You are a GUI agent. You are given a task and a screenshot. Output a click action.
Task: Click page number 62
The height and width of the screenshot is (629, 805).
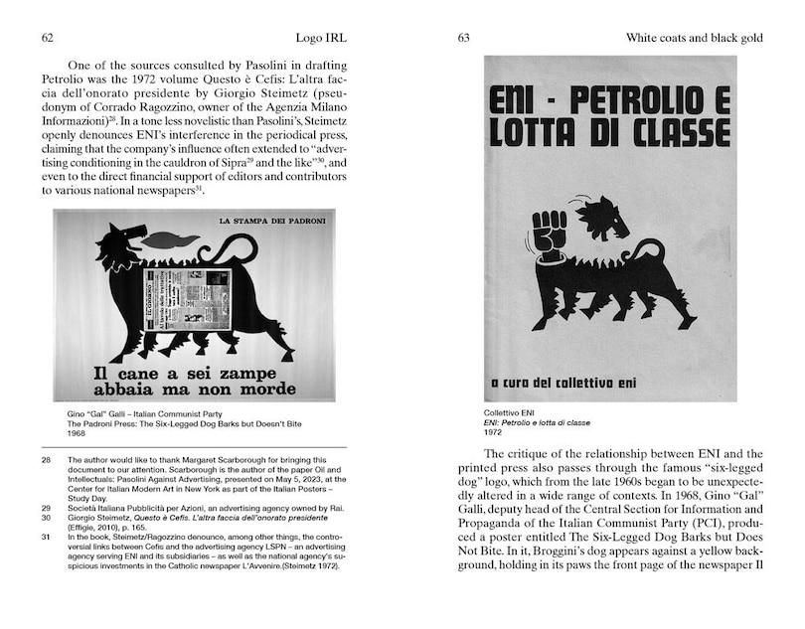(47, 38)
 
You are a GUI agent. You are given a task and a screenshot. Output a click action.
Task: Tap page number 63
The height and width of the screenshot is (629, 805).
(463, 38)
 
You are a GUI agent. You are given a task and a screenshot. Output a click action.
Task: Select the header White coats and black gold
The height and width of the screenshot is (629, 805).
(694, 38)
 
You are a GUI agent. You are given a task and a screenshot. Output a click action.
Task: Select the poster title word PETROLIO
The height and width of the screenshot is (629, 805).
(635, 101)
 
